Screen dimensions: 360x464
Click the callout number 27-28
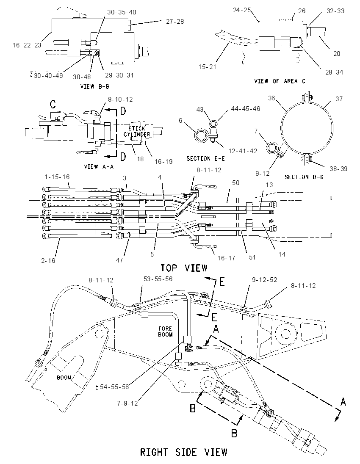click(174, 21)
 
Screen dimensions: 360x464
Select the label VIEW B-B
click(95, 86)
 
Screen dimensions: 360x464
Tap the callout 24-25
click(241, 10)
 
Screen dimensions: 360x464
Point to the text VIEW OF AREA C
click(280, 81)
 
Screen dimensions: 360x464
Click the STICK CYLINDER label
click(137, 131)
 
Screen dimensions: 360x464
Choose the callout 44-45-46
click(245, 109)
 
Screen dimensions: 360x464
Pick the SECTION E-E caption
click(205, 159)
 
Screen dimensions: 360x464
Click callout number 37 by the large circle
click(339, 99)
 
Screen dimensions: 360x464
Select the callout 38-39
click(338, 168)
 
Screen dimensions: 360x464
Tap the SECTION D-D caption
click(304, 177)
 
